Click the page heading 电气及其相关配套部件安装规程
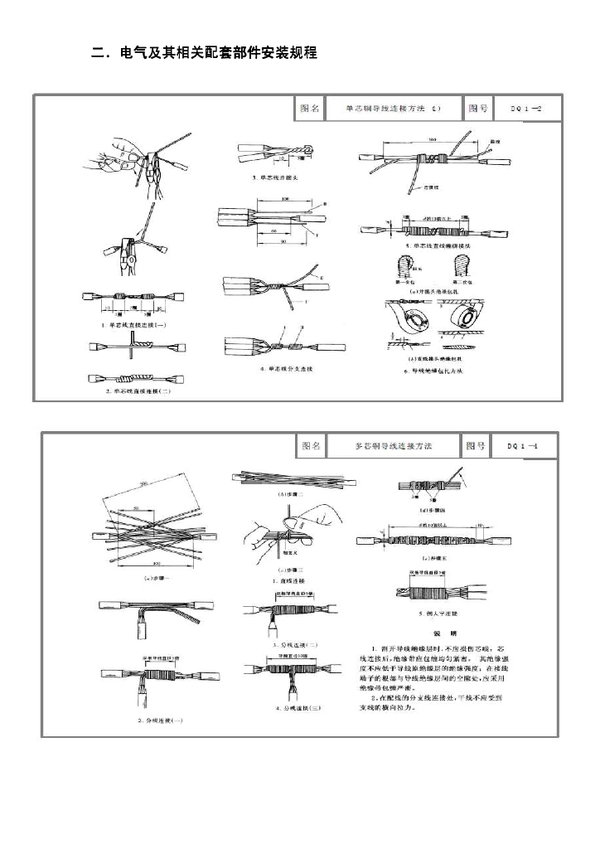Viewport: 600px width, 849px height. pos(204,54)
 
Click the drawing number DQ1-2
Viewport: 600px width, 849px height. pos(527,109)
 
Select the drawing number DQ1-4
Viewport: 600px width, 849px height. pos(524,446)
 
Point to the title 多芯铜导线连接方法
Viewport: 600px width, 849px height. pos(394,446)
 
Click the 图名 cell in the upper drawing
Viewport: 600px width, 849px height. pos(307,109)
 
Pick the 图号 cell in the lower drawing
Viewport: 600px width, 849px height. pos(476,446)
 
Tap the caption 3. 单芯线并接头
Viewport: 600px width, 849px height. pos(269,179)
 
